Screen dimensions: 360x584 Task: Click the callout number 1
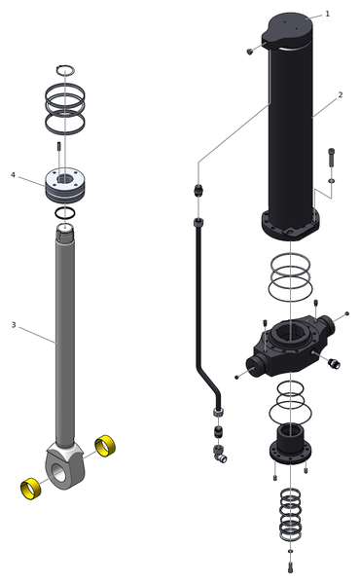click(328, 14)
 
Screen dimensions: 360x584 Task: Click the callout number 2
click(341, 95)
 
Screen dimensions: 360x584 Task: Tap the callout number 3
click(14, 325)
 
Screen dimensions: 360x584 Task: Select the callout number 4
click(13, 174)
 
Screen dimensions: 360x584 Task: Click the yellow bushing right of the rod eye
click(105, 446)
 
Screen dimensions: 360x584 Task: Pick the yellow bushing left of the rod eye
click(30, 489)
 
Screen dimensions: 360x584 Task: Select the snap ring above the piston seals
click(65, 70)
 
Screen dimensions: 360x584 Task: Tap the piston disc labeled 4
click(65, 186)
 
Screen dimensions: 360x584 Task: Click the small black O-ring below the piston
click(65, 213)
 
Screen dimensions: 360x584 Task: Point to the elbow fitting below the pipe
click(220, 454)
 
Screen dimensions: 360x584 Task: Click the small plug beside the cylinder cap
click(250, 52)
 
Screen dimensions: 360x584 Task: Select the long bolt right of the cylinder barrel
click(332, 158)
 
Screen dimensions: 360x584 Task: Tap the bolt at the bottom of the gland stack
click(291, 567)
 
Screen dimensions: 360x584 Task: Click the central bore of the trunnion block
click(290, 335)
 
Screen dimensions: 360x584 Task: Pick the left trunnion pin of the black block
click(256, 366)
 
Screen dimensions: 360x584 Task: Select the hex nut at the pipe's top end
click(198, 223)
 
